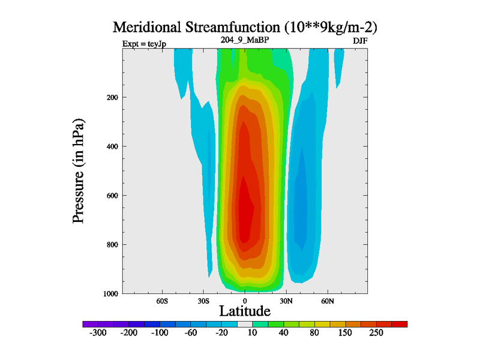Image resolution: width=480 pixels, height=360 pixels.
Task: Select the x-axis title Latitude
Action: (x=244, y=311)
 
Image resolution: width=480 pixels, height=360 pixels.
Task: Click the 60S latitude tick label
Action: (x=162, y=301)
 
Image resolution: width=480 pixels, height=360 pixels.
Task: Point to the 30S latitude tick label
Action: (x=203, y=301)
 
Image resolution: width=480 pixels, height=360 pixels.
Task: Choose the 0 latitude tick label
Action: (x=244, y=301)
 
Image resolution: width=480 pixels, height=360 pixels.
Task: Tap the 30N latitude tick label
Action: (x=286, y=301)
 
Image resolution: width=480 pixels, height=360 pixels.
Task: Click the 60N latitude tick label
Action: (x=327, y=301)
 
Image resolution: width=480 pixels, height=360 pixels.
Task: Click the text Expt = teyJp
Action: (x=144, y=44)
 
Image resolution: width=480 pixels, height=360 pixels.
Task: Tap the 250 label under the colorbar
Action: (x=376, y=333)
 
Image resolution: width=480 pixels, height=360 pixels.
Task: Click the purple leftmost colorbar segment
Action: (x=90, y=324)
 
